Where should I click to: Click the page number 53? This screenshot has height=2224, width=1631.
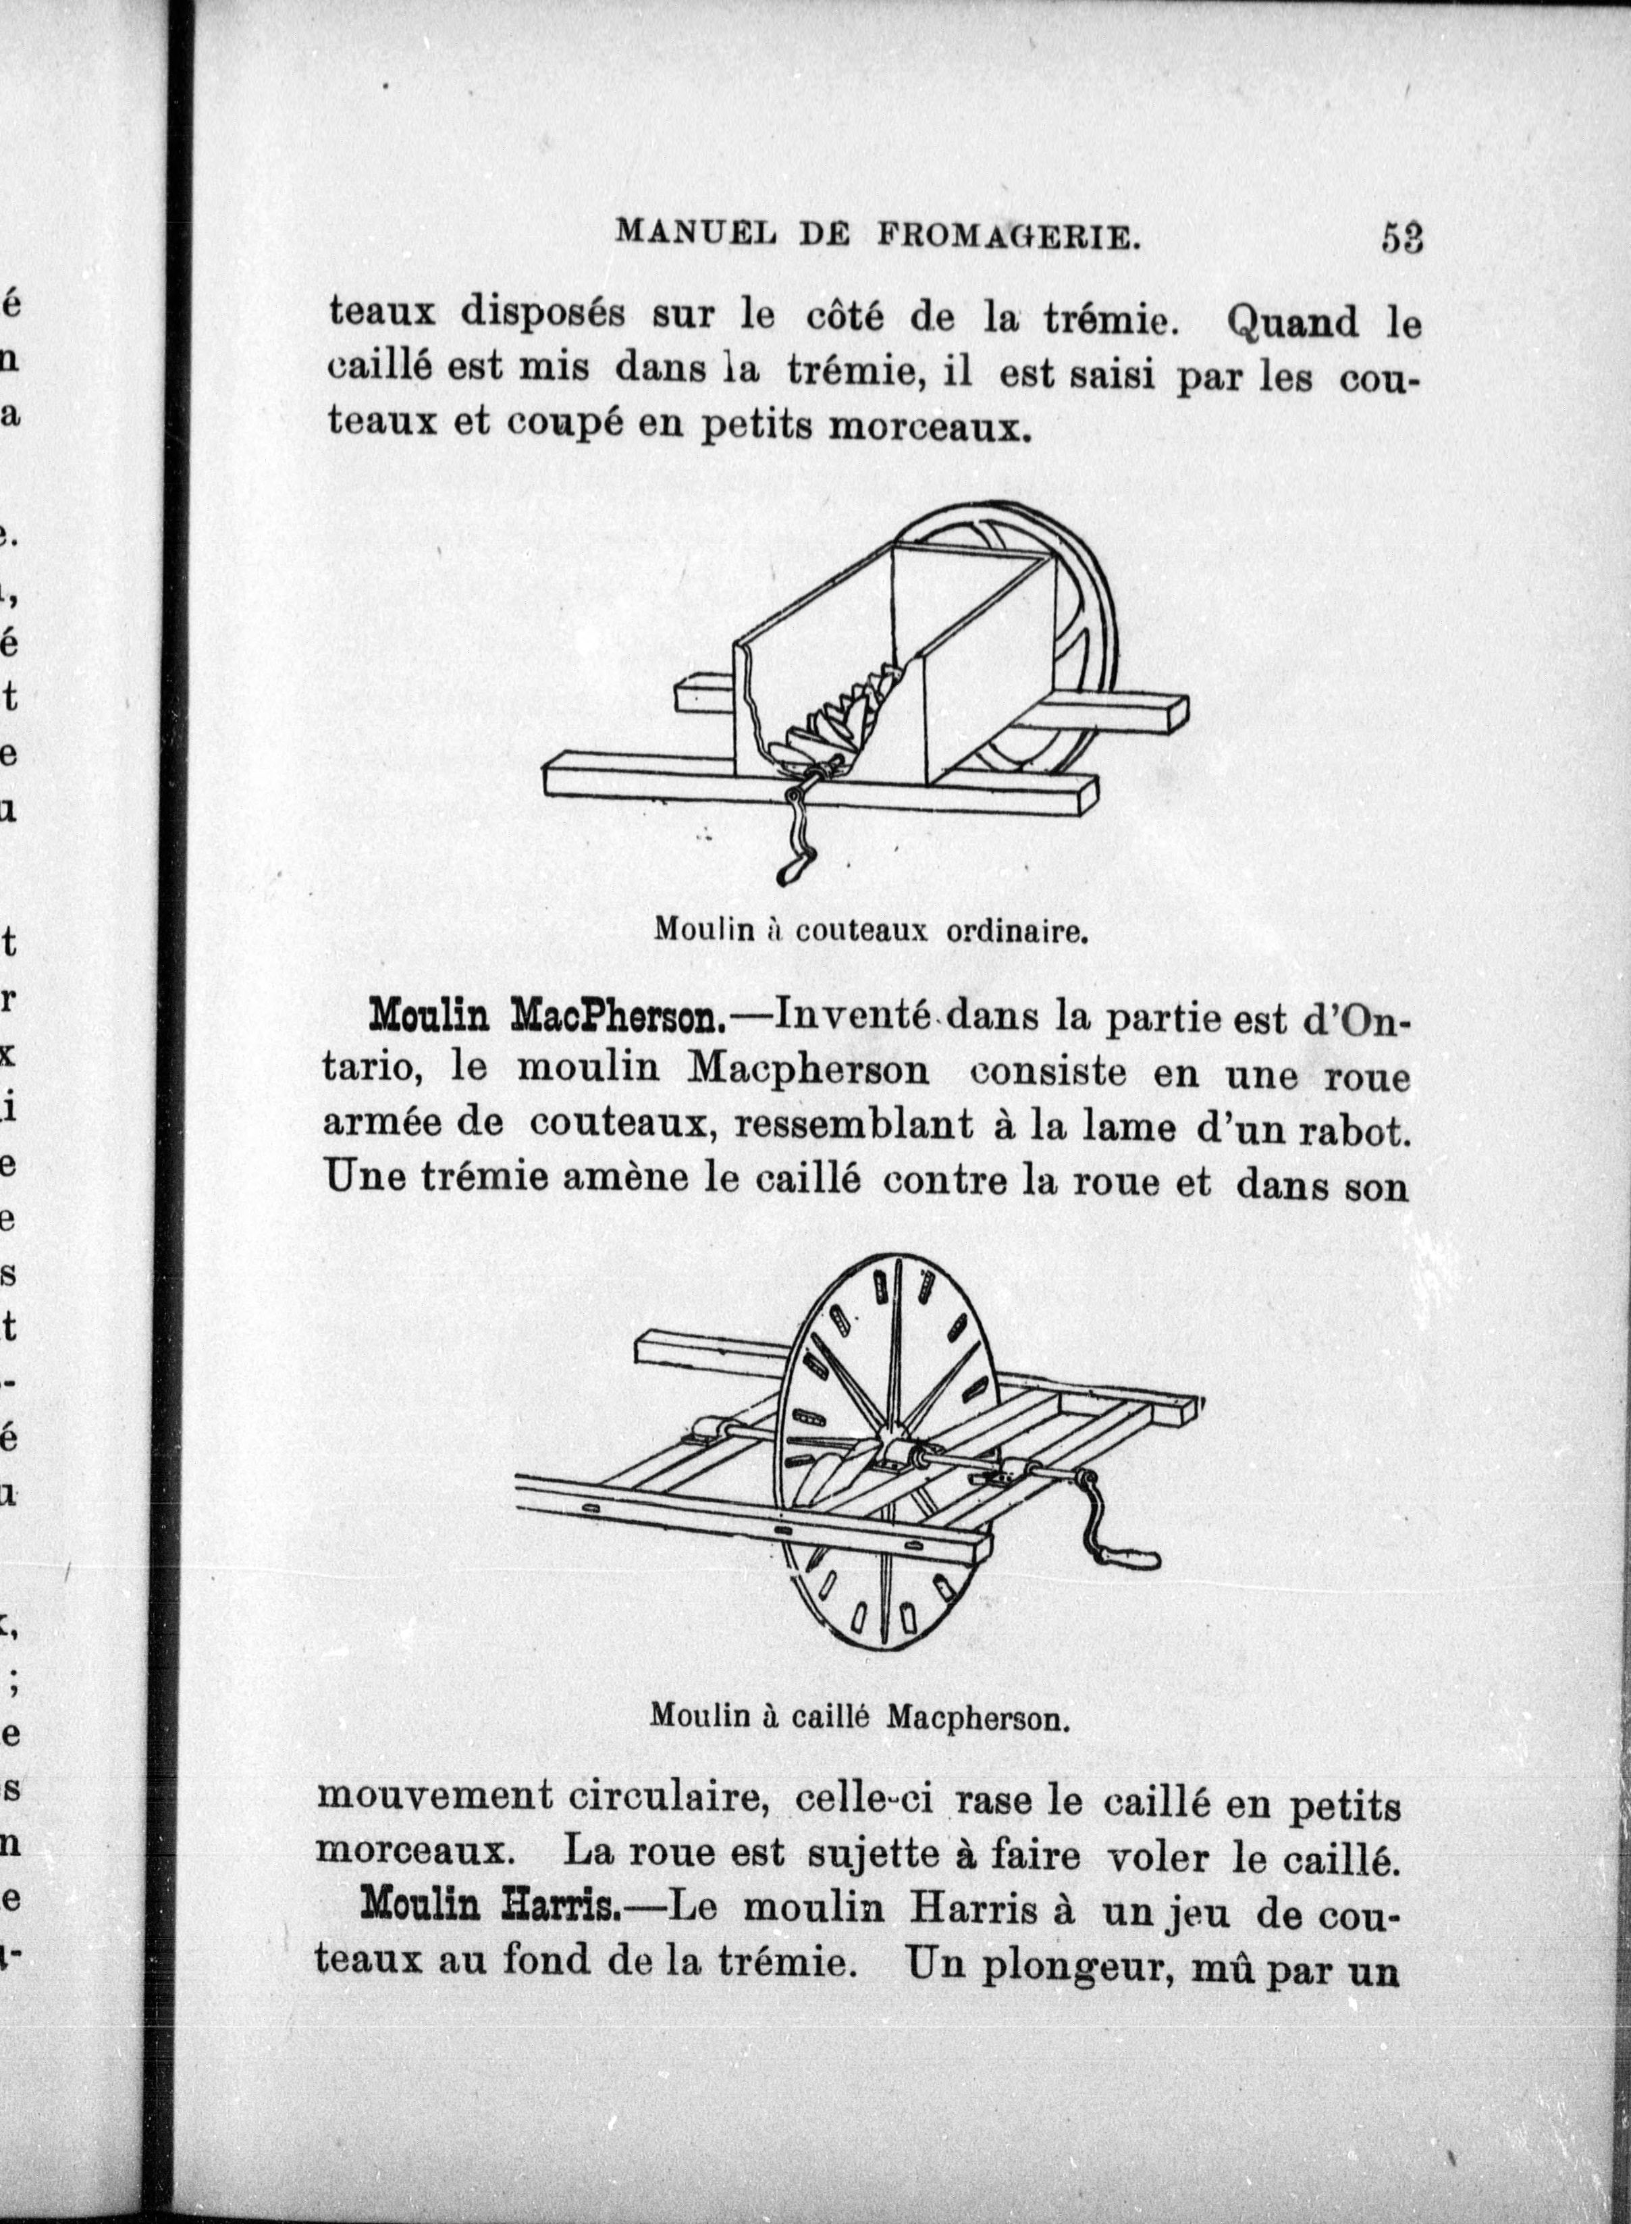pyautogui.click(x=1401, y=239)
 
